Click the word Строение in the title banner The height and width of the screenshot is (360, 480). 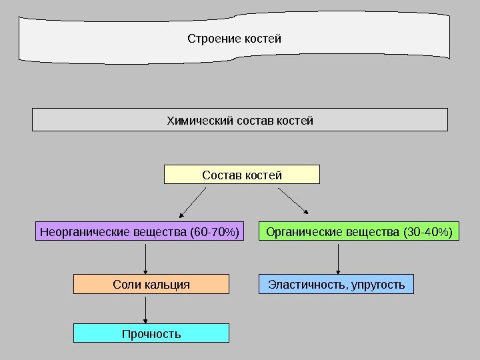209,39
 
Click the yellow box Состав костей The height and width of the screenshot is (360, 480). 242,175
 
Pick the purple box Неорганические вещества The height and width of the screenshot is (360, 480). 139,232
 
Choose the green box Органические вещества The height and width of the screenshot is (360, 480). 359,232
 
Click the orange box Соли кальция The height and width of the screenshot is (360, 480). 151,285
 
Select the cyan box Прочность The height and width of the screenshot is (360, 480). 151,333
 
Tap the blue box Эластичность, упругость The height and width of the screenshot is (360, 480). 336,285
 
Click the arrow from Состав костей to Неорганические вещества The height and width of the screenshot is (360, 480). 193,203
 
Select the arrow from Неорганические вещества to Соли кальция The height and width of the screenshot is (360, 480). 146,258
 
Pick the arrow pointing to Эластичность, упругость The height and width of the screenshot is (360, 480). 338,258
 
